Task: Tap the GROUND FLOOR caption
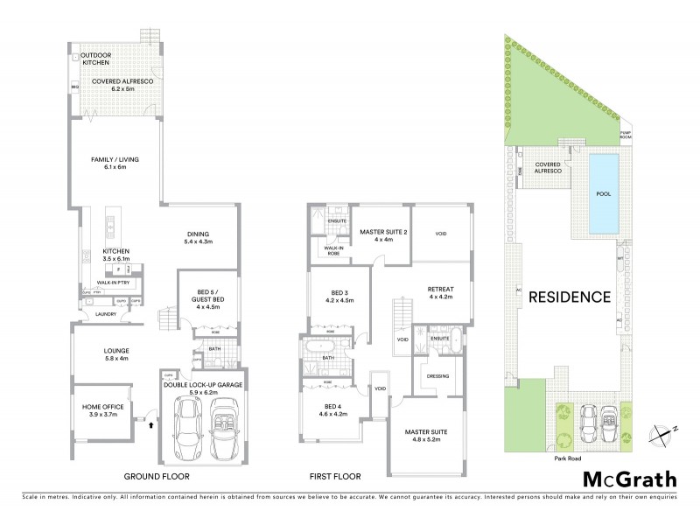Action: [x=157, y=477]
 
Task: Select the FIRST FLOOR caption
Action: [x=335, y=477]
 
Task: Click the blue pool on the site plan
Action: [x=604, y=194]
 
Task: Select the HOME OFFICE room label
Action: [x=102, y=411]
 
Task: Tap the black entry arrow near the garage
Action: [x=151, y=424]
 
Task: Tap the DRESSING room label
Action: [x=438, y=376]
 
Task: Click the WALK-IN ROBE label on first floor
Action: [x=332, y=250]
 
